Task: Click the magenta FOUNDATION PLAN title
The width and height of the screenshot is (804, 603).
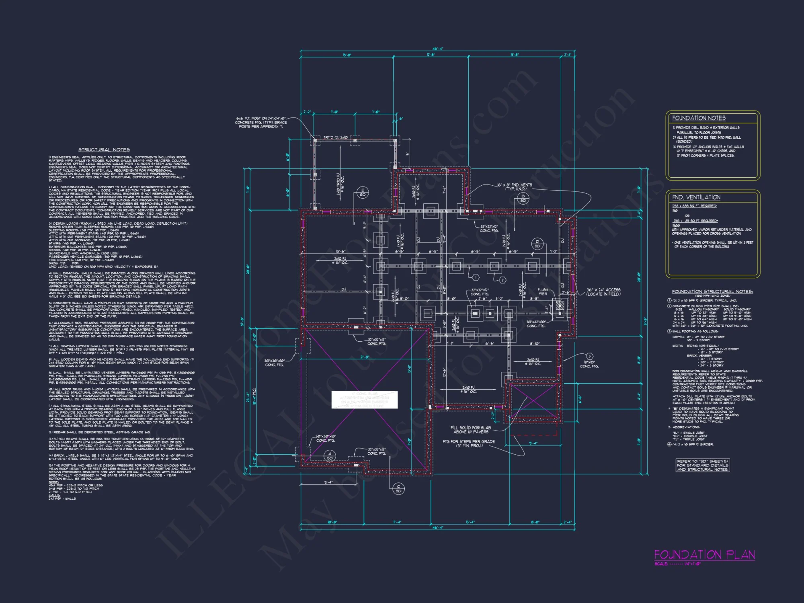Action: click(x=704, y=555)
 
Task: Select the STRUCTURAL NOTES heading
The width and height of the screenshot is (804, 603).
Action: click(x=104, y=150)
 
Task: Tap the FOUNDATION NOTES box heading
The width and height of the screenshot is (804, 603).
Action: click(x=699, y=118)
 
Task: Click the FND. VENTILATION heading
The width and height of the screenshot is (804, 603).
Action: click(x=696, y=197)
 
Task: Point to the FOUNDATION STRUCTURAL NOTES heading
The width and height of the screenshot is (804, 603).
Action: click(x=712, y=291)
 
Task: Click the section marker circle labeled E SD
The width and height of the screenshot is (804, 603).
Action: click(x=363, y=193)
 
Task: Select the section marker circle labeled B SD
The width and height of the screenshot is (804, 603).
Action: click(x=523, y=198)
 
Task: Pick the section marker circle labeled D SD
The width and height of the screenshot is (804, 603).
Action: click(x=537, y=244)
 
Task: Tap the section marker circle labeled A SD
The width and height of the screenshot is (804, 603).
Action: click(x=330, y=455)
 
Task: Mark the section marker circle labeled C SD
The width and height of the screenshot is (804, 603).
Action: click(x=398, y=489)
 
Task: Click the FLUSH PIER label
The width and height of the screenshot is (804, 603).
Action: click(x=543, y=291)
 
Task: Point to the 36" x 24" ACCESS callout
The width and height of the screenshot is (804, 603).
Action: click(x=603, y=292)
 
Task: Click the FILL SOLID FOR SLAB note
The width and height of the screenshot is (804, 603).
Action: click(x=470, y=430)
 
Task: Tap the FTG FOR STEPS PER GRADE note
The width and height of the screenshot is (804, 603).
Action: click(x=468, y=443)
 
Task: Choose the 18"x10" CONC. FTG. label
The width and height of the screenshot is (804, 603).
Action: click(x=589, y=364)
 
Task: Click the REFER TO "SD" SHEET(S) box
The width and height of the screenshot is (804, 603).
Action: click(x=702, y=465)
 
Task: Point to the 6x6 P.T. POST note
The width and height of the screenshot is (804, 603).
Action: click(x=261, y=122)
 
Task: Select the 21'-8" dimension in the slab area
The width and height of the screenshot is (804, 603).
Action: click(x=364, y=357)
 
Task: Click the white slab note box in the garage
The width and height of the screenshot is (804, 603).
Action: click(x=364, y=400)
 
